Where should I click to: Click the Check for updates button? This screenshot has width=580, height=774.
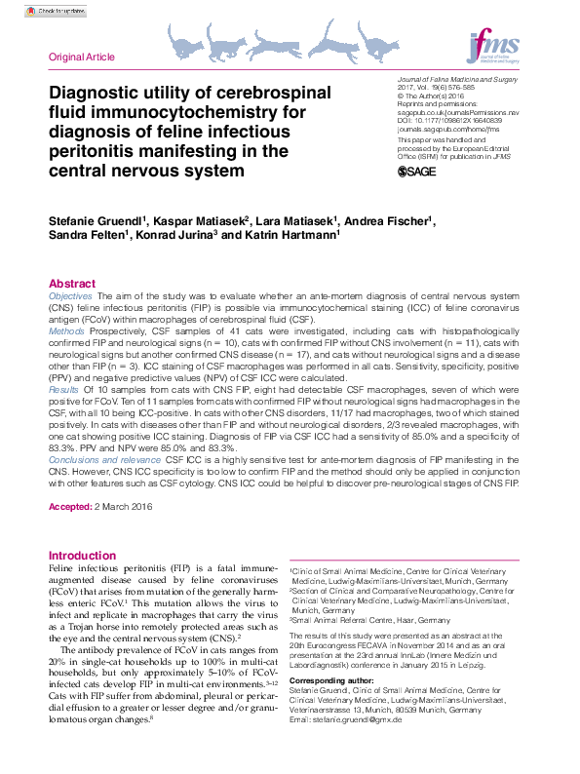point(56,12)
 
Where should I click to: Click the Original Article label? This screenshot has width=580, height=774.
point(81,58)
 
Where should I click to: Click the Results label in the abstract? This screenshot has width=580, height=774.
point(64,389)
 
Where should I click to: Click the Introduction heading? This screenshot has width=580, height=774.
point(82,556)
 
